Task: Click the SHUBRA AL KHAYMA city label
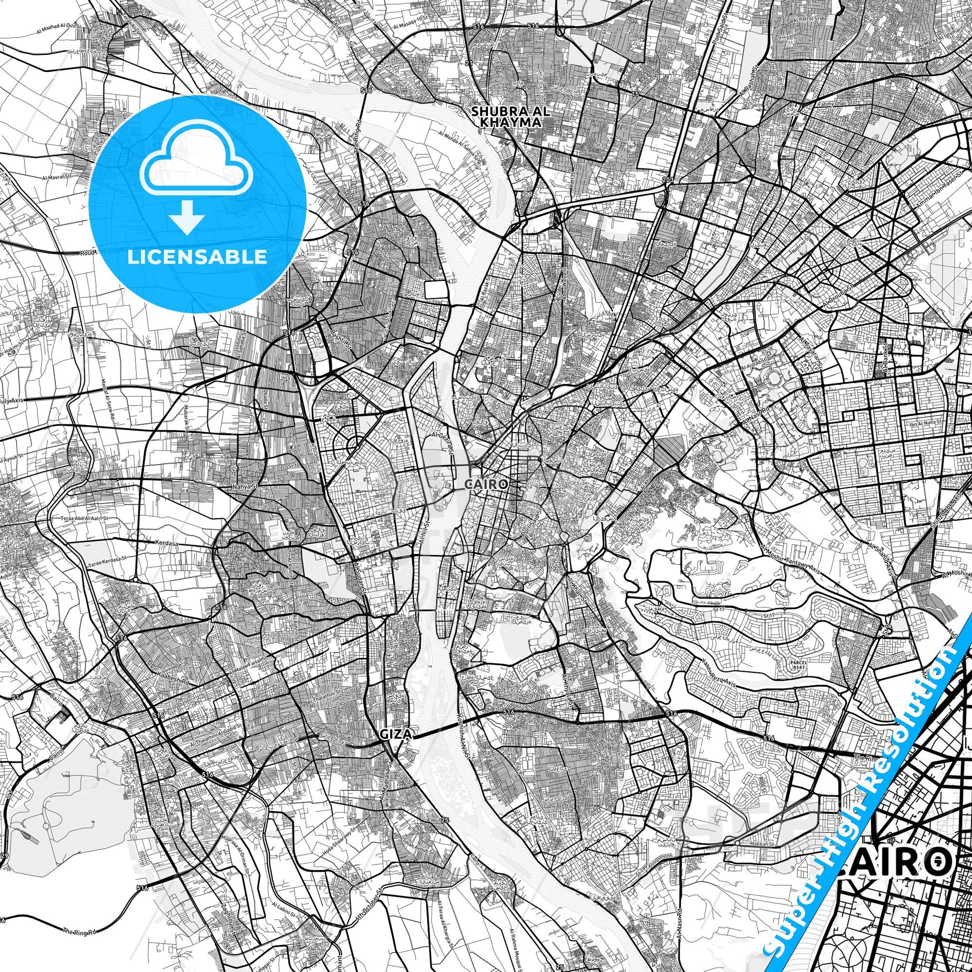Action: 510,116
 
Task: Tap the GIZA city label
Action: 396,734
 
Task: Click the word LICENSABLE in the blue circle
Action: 197,257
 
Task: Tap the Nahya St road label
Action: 245,487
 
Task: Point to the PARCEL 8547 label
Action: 798,665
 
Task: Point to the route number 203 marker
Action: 668,180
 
